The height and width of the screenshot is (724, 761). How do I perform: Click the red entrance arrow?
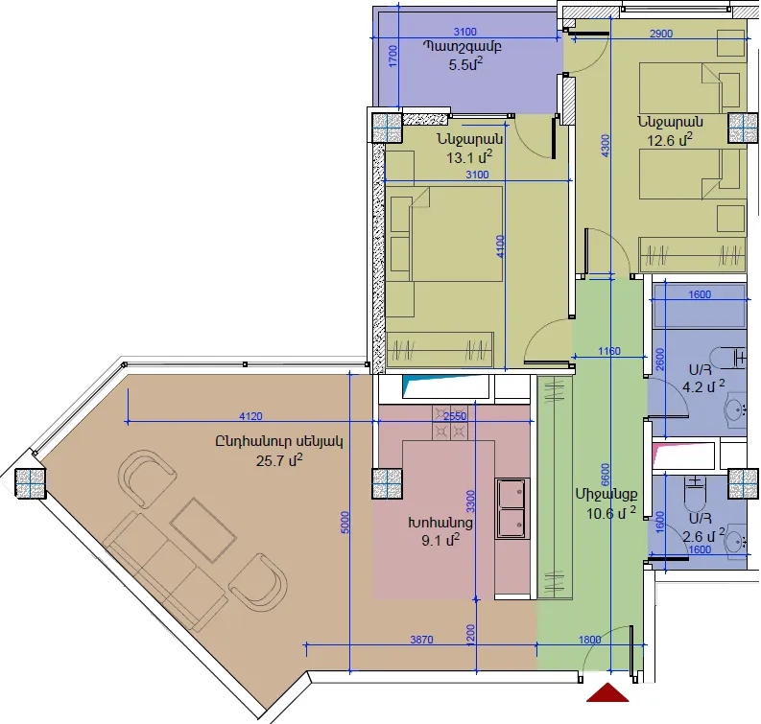pos(607,693)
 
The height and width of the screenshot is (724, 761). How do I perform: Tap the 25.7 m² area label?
pos(279,459)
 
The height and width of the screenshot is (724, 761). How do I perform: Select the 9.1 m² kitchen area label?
pos(440,540)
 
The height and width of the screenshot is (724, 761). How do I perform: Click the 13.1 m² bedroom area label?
pos(469,156)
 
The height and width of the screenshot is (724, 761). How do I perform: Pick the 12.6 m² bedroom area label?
pos(670,139)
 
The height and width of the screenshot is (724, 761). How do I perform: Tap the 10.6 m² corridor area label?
pos(611,513)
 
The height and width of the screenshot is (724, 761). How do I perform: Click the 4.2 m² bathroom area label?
pos(703,387)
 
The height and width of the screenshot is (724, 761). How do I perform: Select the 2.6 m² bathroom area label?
pos(703,535)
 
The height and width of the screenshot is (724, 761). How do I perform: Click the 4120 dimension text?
pos(250,416)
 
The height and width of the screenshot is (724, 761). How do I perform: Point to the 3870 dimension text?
pos(421,640)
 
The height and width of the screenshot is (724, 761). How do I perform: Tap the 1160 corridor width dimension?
pos(609,351)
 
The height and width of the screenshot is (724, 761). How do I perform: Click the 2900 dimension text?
pos(661,34)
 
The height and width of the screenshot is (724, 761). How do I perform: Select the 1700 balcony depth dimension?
pos(393,56)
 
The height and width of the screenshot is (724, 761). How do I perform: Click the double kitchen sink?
pos(512,508)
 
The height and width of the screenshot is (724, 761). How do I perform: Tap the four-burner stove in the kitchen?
pos(450,422)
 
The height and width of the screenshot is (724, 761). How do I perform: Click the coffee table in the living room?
pos(202,529)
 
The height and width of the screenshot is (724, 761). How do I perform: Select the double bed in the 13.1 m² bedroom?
pos(445,234)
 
